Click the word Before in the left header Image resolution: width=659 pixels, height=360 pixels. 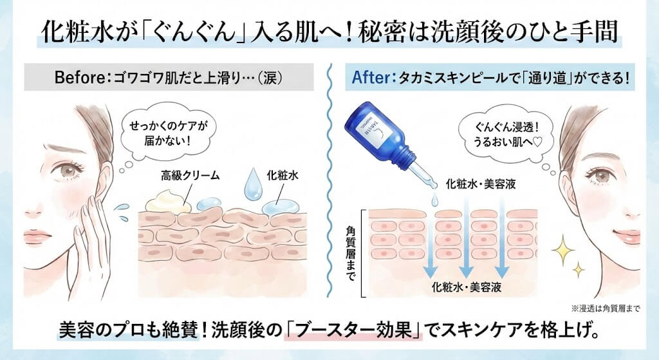click(x=75, y=78)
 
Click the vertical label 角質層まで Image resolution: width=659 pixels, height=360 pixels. click(x=351, y=247)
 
